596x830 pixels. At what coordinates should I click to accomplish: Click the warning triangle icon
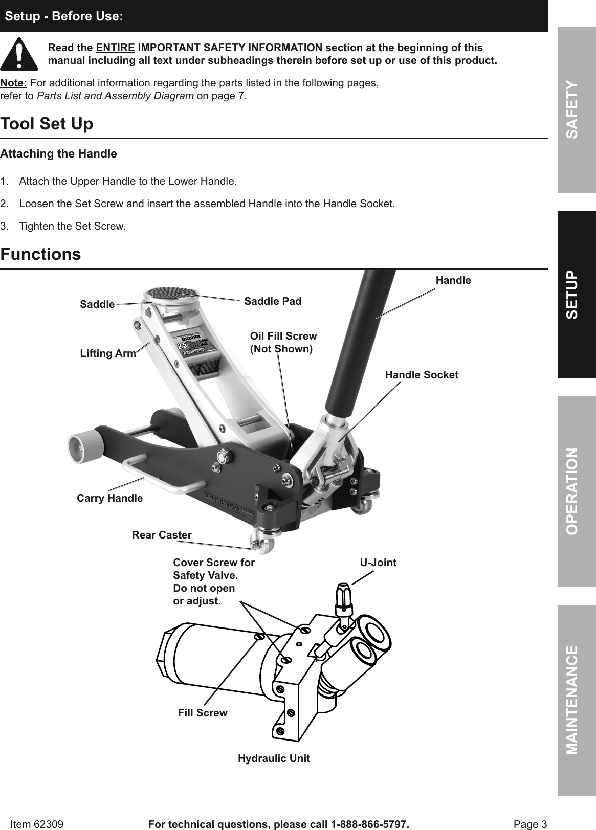pos(19,54)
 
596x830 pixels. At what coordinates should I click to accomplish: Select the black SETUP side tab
pos(577,295)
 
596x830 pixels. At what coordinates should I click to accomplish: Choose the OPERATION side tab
pos(577,491)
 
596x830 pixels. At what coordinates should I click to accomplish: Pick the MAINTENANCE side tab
pos(577,700)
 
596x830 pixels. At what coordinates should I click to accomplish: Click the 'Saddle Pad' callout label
pos(273,301)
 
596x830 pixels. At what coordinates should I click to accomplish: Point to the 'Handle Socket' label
pos(421,375)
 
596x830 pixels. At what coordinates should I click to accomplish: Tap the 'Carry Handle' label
pos(109,498)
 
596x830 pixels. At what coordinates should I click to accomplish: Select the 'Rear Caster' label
pos(162,535)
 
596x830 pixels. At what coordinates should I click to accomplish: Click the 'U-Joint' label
pos(378,563)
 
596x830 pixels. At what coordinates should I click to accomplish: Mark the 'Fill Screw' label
pos(203,713)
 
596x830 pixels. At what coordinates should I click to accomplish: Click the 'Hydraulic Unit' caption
pos(274,758)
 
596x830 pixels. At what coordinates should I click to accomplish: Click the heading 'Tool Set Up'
pos(47,124)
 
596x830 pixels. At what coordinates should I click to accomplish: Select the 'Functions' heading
pos(41,254)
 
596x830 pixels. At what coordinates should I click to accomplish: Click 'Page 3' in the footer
pos(530,824)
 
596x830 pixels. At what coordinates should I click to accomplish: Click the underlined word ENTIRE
pos(116,48)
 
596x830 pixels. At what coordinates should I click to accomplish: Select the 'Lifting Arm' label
pos(108,353)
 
